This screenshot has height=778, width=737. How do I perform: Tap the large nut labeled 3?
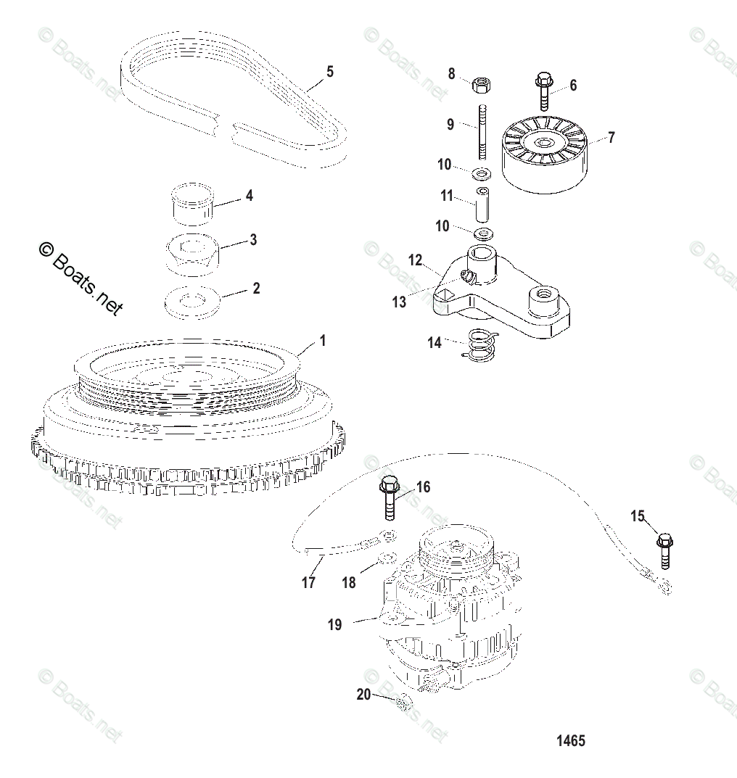coord(192,254)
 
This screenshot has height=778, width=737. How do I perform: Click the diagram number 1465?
coord(570,741)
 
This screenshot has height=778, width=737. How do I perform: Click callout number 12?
coord(414,259)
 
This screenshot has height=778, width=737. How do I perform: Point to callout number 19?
coord(334,624)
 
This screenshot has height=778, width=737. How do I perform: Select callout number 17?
coord(308,582)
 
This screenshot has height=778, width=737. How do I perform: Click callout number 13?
coord(399,302)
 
